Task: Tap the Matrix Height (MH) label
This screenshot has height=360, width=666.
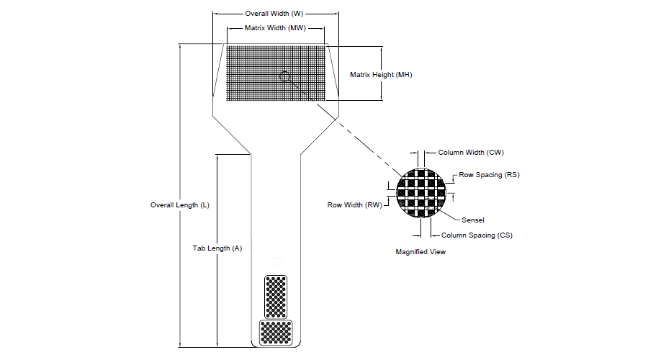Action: point(381,75)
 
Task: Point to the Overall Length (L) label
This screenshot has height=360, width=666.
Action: point(180,205)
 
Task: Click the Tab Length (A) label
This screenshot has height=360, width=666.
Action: point(217,248)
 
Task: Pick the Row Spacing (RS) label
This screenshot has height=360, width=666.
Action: point(489,175)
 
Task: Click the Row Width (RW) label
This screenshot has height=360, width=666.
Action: point(354,205)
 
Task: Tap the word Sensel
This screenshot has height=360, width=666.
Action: point(473,220)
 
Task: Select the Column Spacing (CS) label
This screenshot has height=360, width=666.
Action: point(477,235)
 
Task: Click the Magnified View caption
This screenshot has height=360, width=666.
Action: point(420,252)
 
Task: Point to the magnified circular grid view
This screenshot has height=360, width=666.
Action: point(421,193)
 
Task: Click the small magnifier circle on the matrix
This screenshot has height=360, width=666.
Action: point(286,77)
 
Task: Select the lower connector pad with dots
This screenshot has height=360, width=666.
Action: point(276,332)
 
